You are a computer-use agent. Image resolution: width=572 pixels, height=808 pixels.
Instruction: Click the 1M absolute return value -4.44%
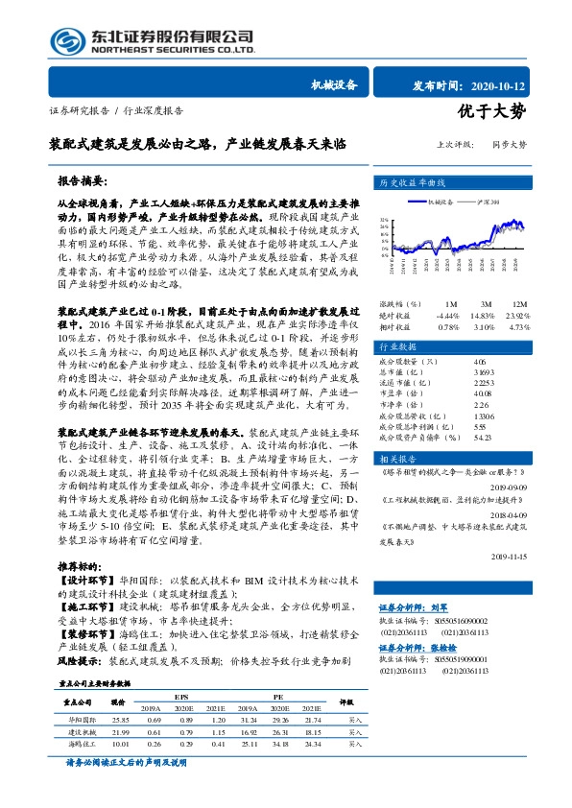click(448, 288)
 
